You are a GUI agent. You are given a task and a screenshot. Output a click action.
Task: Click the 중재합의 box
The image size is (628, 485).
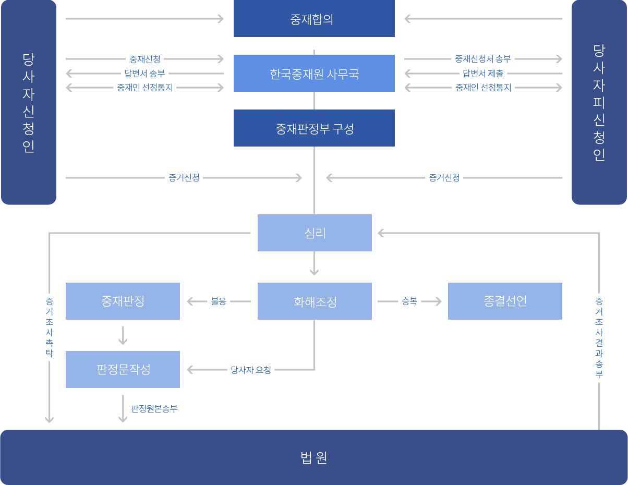[314, 18]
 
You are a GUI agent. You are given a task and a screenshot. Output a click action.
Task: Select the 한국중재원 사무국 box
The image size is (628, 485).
[314, 74]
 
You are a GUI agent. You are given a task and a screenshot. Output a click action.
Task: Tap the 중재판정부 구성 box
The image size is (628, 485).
[314, 128]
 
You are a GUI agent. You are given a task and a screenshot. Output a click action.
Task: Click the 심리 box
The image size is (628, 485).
[315, 233]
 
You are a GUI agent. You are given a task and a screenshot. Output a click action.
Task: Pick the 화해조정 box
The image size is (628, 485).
[315, 301]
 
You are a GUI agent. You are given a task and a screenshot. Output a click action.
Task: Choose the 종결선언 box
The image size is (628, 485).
[505, 301]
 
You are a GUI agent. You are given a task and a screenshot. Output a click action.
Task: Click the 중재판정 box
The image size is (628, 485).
[123, 301]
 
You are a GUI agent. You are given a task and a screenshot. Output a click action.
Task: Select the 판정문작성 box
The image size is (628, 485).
[123, 369]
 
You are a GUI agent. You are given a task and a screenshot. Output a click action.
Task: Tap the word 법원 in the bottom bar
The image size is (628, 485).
[314, 457]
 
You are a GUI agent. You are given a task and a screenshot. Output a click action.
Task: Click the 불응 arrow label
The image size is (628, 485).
[219, 301]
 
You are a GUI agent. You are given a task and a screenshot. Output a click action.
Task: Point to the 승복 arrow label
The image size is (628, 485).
[409, 301]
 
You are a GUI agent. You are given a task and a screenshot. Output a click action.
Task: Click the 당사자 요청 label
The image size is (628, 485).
[251, 370]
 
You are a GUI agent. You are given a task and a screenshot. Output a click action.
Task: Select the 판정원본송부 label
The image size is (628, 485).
[154, 409]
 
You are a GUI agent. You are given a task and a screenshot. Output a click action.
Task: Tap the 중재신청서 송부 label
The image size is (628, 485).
[483, 59]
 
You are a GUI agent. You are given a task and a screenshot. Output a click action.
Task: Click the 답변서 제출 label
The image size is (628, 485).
[483, 74]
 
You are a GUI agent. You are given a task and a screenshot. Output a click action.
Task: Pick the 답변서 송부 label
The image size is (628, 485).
[144, 74]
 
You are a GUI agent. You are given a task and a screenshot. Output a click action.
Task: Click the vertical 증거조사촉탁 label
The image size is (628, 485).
[50, 328]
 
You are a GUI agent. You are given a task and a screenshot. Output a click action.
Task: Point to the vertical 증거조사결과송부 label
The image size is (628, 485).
[599, 338]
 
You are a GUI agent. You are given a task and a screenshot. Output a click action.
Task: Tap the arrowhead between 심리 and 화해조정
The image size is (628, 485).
[314, 272]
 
